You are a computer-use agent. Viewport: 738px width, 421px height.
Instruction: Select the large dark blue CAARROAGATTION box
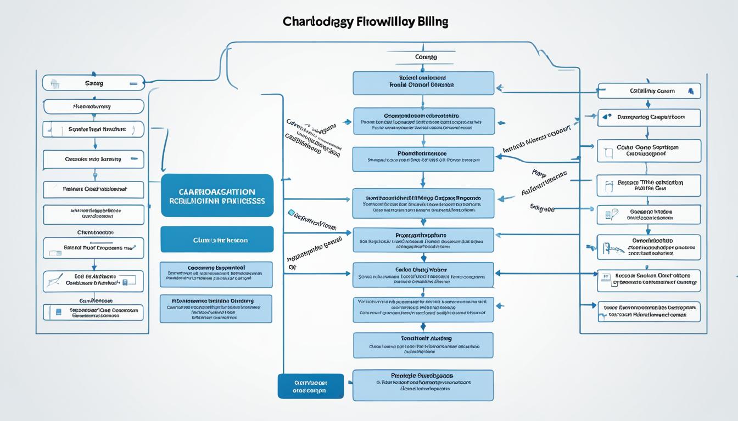[217, 196]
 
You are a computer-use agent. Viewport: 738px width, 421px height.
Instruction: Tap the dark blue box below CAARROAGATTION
[217, 240]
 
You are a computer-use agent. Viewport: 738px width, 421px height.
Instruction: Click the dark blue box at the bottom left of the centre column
[310, 386]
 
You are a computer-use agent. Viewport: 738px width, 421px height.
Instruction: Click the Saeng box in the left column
[93, 83]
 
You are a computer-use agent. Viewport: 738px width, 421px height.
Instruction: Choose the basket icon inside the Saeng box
[54, 83]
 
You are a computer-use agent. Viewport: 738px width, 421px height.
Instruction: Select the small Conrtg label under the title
[426, 57]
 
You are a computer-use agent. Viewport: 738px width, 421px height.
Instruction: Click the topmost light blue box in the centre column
[423, 82]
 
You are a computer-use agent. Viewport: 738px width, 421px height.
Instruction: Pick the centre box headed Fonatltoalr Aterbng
[423, 345]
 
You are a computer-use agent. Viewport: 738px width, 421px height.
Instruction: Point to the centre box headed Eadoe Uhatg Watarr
[423, 274]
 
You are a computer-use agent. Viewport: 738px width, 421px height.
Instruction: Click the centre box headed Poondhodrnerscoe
[423, 158]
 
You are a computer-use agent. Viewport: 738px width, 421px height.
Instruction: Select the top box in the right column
[649, 91]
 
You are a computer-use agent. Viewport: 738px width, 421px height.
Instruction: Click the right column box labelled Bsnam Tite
[649, 185]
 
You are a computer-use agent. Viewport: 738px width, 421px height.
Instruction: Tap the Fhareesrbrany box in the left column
[93, 106]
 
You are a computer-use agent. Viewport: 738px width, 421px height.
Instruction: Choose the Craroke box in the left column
[93, 160]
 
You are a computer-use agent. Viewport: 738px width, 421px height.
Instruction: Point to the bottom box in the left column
[93, 312]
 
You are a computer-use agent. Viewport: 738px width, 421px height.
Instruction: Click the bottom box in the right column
[649, 311]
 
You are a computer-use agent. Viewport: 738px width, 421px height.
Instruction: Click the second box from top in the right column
[649, 117]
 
